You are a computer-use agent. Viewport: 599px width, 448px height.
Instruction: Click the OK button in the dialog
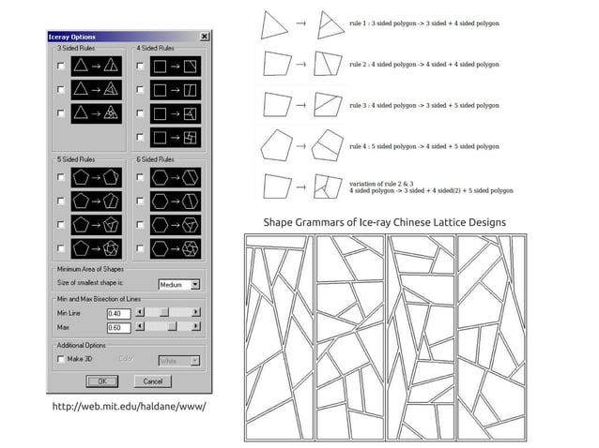tap(101, 381)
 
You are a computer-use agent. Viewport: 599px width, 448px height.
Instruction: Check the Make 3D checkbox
tap(61, 359)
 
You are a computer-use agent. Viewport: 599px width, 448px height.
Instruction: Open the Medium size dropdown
tap(195, 284)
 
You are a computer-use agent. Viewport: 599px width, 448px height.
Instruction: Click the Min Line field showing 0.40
tap(119, 313)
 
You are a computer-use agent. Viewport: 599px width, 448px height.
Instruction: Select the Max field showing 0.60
tap(119, 327)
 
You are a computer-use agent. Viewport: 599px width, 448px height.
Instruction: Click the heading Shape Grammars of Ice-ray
tap(384, 222)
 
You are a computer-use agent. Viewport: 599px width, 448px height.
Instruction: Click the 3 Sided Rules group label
tap(76, 48)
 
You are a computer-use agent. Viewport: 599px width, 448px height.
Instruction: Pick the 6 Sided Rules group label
tap(155, 159)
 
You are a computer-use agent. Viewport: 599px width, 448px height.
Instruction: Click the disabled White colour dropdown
tap(178, 360)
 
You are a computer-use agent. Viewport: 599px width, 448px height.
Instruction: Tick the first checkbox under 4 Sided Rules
tap(140, 67)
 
